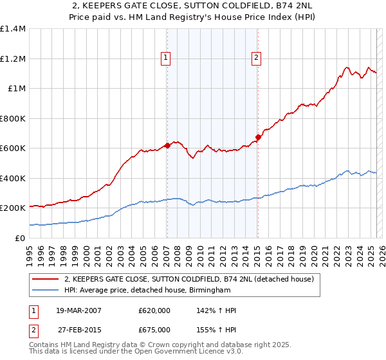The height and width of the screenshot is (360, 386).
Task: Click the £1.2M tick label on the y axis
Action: click(x=12, y=59)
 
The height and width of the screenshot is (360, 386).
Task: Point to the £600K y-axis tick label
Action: click(x=12, y=148)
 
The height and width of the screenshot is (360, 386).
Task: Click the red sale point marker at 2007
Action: click(x=167, y=145)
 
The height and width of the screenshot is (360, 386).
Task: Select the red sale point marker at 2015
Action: click(x=257, y=137)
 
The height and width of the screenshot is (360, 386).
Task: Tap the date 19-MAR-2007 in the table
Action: click(x=78, y=311)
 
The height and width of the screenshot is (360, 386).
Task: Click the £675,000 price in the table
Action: click(x=154, y=330)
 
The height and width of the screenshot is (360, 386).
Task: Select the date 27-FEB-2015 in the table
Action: click(x=78, y=330)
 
